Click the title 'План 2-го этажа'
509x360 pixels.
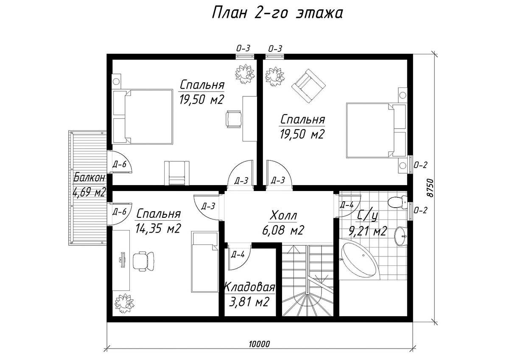click(x=277, y=13)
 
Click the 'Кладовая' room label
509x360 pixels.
click(x=249, y=287)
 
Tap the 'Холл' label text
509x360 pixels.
click(x=283, y=215)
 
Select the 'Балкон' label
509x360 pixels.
click(x=89, y=177)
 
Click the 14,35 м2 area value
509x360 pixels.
click(x=158, y=228)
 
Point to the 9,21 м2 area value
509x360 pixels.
click(x=368, y=231)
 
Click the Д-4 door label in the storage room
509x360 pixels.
click(x=238, y=255)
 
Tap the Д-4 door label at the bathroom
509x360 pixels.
click(x=347, y=205)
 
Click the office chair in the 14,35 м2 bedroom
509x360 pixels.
click(x=143, y=261)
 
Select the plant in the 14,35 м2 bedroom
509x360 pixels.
click(x=124, y=303)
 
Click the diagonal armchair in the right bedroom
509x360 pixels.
click(x=309, y=86)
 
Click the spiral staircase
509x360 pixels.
click(x=308, y=281)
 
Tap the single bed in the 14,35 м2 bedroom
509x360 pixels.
click(x=204, y=262)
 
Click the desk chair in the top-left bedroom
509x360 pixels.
click(x=234, y=119)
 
